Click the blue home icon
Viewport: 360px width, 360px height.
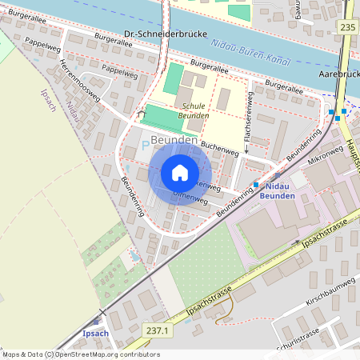click(x=180, y=173)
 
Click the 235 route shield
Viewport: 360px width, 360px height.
click(x=347, y=27)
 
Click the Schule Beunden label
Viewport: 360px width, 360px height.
click(x=195, y=110)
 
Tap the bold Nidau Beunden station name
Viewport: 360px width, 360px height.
click(x=278, y=190)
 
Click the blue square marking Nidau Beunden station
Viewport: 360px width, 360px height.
click(x=256, y=185)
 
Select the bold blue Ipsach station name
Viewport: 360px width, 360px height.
click(x=95, y=333)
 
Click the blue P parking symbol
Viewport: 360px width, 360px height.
click(x=145, y=145)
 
